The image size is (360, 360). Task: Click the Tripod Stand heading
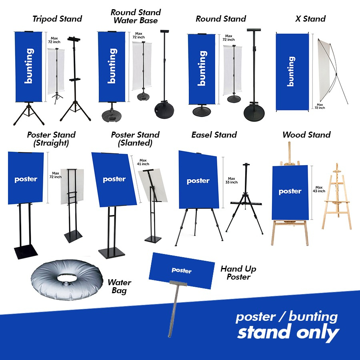57,19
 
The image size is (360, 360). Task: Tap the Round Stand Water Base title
136,16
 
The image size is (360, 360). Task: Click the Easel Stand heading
214,135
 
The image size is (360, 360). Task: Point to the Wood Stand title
306,135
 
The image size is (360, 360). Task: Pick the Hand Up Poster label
238,273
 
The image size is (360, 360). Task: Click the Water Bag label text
119,286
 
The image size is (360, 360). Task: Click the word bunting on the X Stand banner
291,71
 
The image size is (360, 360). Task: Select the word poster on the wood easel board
290,192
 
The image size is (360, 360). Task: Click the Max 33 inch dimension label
232,180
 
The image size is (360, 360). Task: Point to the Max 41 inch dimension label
143,162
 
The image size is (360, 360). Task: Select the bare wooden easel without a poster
336,198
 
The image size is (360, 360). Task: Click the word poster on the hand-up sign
182,270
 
